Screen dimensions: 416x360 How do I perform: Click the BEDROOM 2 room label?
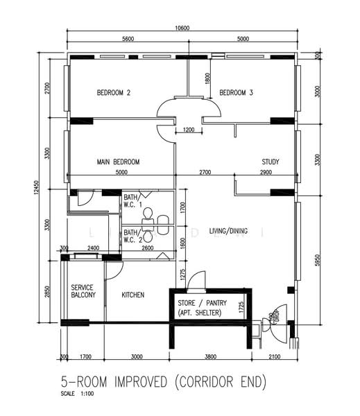click(x=114, y=92)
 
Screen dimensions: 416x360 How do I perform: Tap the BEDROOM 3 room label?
click(x=237, y=92)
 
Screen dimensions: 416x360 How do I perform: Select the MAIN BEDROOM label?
click(x=118, y=162)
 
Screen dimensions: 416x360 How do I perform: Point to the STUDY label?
click(x=271, y=162)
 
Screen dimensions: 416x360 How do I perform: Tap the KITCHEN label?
click(x=133, y=295)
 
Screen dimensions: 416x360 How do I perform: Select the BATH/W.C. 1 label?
click(x=132, y=200)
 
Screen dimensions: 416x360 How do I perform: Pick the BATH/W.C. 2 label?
click(x=132, y=236)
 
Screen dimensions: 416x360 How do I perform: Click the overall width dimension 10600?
click(x=182, y=28)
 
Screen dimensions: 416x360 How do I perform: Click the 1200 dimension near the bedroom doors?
click(x=188, y=130)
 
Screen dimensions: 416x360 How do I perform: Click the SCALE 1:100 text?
click(x=76, y=395)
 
